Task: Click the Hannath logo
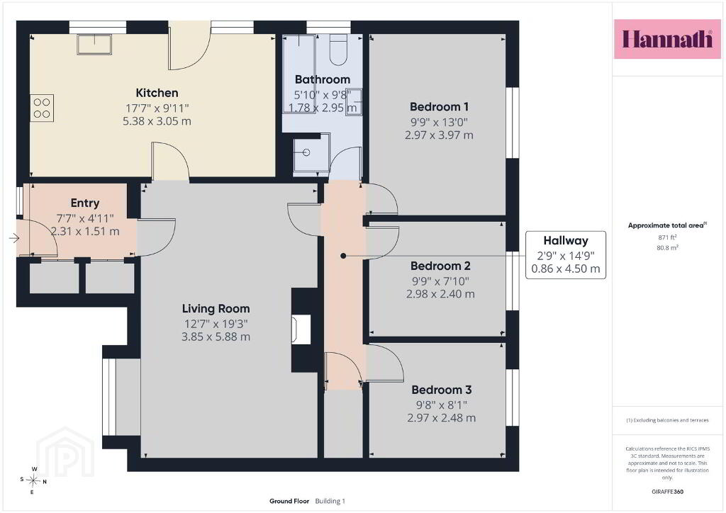(x=667, y=39)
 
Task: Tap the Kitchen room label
(x=157, y=93)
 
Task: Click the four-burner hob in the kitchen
(x=42, y=108)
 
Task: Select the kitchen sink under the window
(x=94, y=45)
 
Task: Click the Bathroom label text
(x=323, y=79)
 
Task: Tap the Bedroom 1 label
(x=439, y=107)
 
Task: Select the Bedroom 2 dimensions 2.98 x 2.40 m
(x=440, y=294)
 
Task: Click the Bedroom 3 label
(x=442, y=390)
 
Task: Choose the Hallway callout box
(x=565, y=255)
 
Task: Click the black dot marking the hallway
(x=343, y=256)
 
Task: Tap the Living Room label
(x=216, y=308)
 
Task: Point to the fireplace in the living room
(x=301, y=329)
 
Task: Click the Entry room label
(x=85, y=203)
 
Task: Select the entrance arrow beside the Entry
(x=14, y=238)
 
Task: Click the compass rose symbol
(x=33, y=480)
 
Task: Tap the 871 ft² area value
(x=667, y=237)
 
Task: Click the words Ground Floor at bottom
(x=289, y=501)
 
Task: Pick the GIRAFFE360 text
(x=667, y=492)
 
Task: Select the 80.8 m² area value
(x=667, y=247)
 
